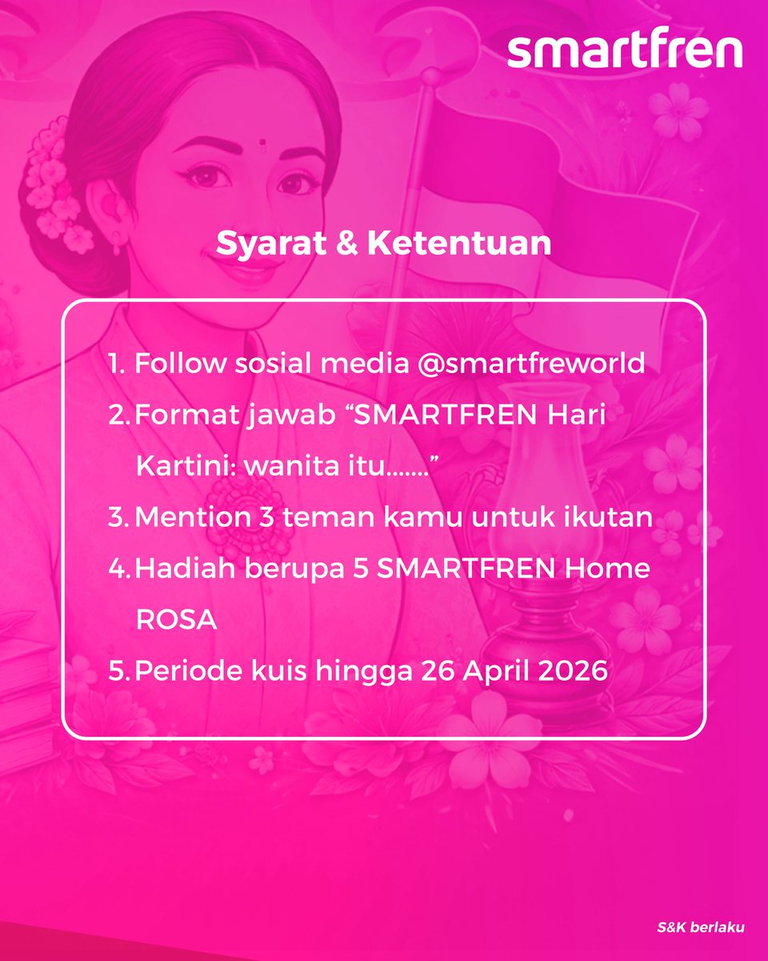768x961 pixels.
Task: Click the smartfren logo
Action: coord(625,50)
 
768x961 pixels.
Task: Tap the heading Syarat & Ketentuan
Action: coord(383,244)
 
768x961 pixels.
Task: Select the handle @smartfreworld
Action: coord(531,364)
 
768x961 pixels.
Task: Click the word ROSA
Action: coord(176,620)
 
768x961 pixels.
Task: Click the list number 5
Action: coord(118,671)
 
